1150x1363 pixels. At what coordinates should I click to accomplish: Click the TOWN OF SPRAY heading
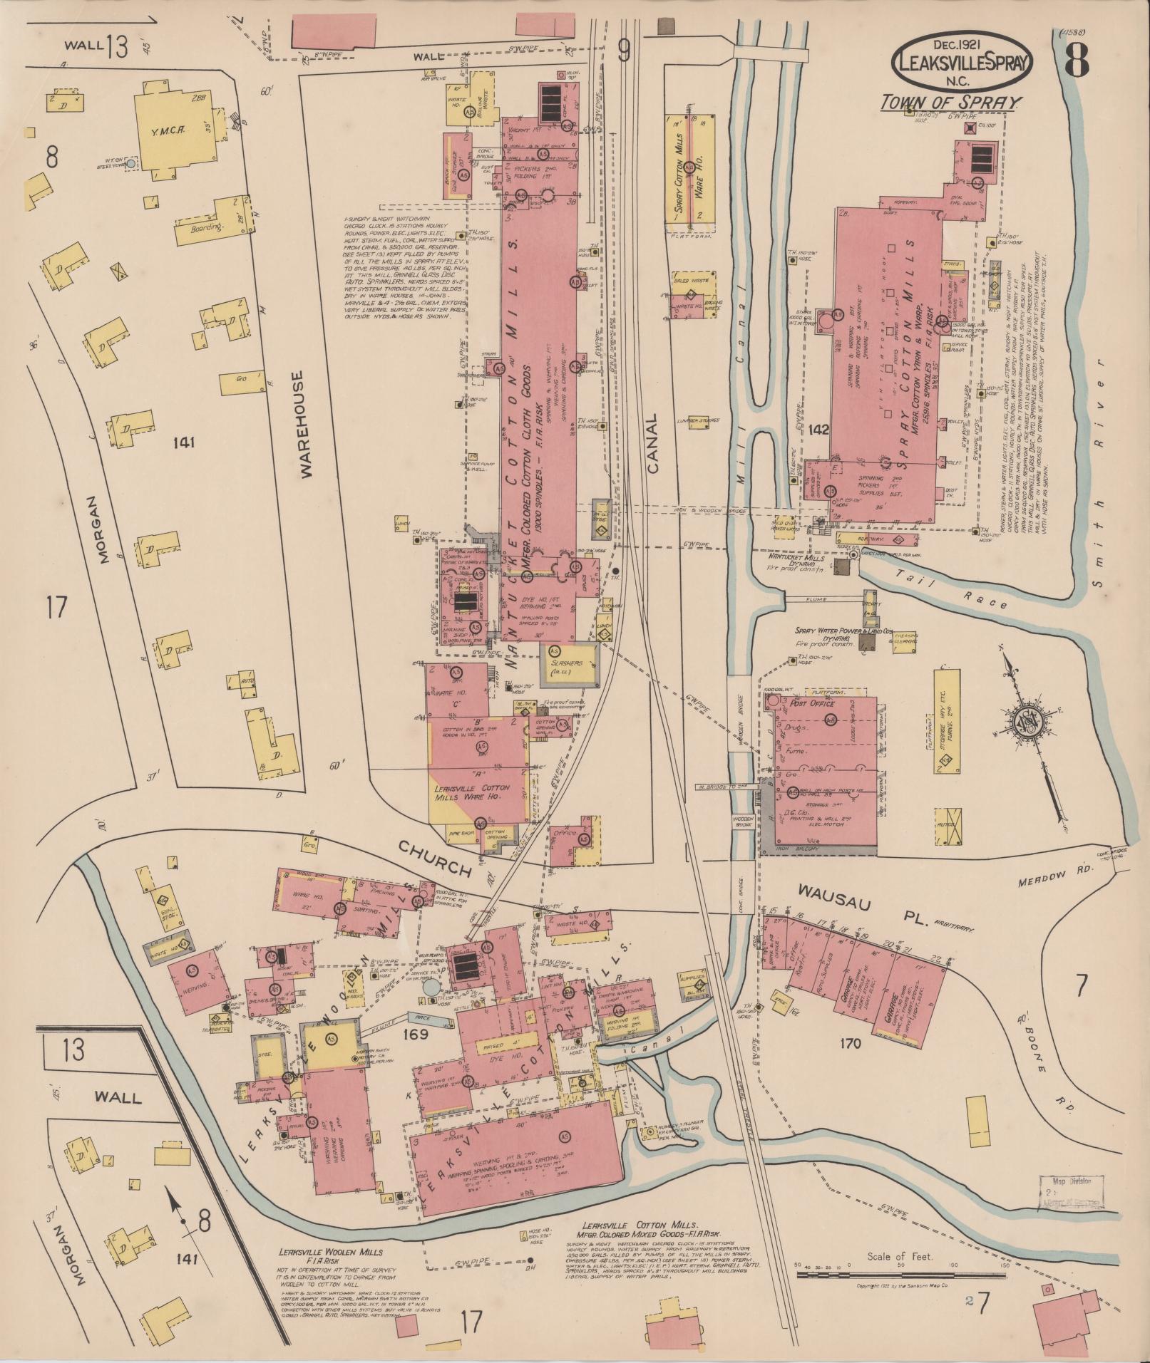click(x=950, y=102)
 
